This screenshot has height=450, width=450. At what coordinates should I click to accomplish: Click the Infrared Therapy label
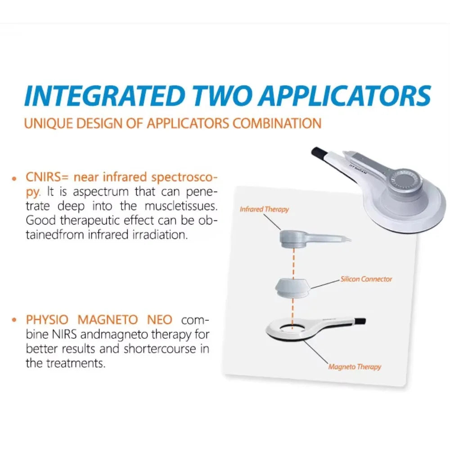[264, 209]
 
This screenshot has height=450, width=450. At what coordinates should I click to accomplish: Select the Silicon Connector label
[366, 279]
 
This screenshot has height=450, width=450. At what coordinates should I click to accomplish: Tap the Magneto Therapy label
[355, 367]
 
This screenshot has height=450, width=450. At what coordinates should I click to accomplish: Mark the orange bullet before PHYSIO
[15, 320]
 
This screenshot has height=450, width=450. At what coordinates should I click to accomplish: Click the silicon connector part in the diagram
[292, 288]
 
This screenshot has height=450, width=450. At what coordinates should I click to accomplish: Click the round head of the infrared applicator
[293, 237]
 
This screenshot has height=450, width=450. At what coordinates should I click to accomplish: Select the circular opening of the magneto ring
[292, 328]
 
